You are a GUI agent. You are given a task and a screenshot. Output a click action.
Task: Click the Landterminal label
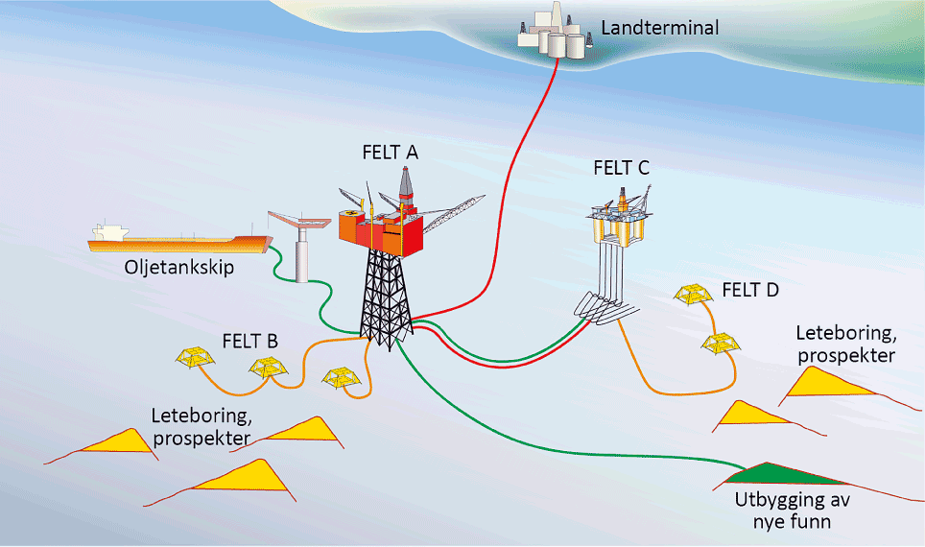pos(659,28)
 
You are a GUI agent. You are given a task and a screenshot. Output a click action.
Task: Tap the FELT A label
pos(391,152)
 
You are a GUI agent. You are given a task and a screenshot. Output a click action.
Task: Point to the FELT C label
pos(621,168)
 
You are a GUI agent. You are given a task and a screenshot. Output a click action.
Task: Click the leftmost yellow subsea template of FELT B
pos(195,358)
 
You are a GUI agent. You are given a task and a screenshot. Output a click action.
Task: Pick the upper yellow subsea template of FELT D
pos(694,296)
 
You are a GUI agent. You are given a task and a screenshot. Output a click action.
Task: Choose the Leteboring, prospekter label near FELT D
pos(845,345)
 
